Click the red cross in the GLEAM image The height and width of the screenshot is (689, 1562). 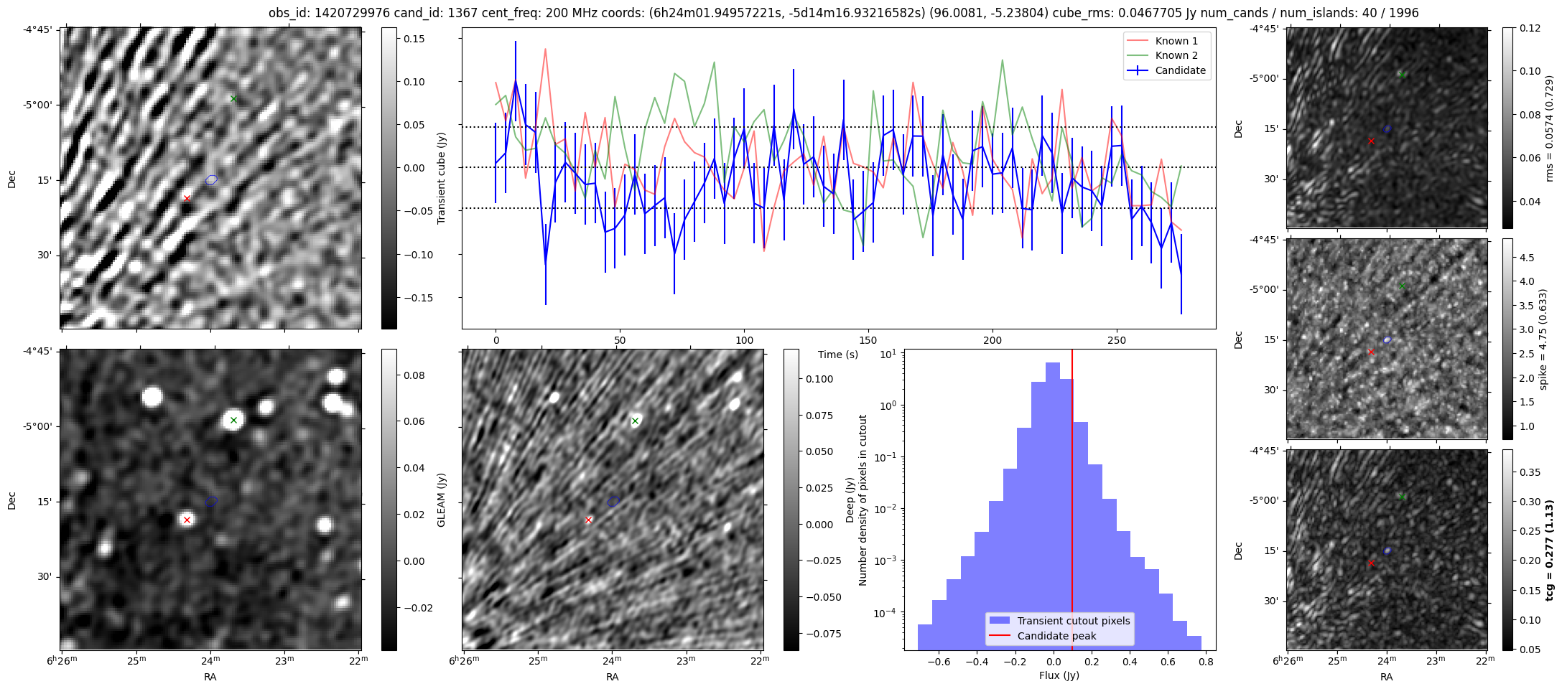[187, 520]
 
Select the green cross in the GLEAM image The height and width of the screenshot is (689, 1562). [233, 420]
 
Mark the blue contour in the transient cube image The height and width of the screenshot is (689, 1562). [211, 179]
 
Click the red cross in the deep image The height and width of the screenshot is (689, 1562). [589, 520]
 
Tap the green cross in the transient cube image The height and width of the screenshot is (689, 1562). [233, 98]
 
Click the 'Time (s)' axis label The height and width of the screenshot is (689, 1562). [837, 355]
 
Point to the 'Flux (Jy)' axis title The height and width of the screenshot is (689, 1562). [1059, 675]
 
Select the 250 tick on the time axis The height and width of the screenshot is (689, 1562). [1116, 340]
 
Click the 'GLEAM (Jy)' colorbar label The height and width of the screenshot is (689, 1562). [442, 500]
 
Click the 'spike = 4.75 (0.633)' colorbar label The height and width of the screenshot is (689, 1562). [1543, 339]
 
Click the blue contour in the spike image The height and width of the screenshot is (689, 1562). [1387, 339]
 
